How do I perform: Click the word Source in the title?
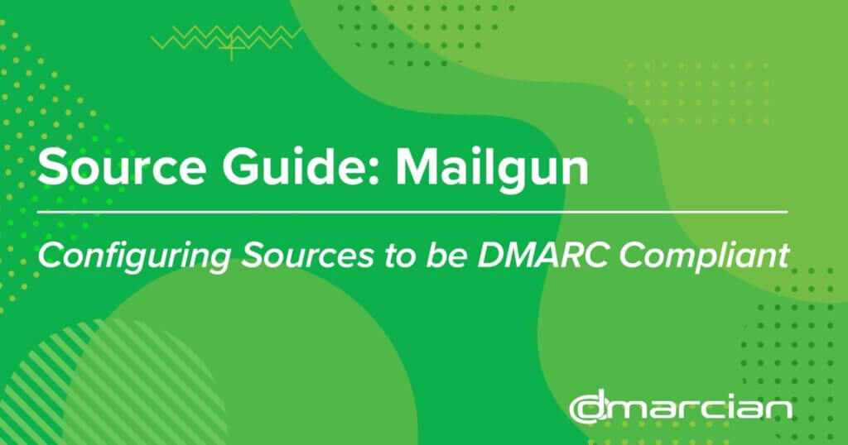[122, 167]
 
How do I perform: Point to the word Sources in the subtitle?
[307, 255]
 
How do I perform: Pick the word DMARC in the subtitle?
[543, 255]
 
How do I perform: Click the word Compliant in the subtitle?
[704, 256]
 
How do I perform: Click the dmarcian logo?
[681, 409]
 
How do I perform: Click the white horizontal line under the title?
[412, 213]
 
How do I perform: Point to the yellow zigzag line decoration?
[226, 38]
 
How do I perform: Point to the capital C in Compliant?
[634, 255]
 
